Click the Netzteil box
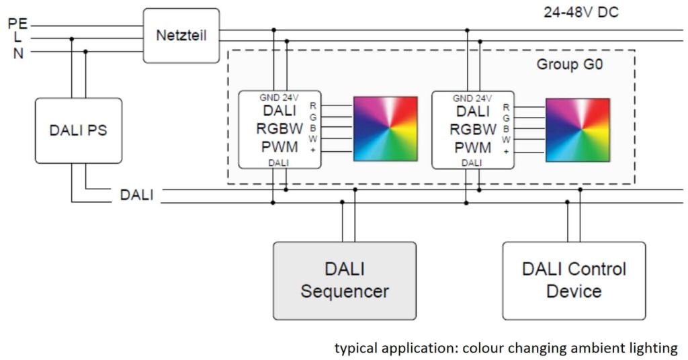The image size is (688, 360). tap(181, 36)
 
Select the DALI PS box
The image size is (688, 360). tap(79, 130)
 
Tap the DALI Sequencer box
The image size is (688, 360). tap(344, 280)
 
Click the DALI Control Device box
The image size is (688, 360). tap(574, 280)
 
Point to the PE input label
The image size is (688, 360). tap(17, 24)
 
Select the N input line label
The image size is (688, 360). tap(18, 53)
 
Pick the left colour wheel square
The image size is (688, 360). tap(385, 130)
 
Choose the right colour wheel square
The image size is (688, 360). tap(577, 130)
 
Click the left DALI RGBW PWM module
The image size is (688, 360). tap(279, 129)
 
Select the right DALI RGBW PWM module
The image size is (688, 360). tap(472, 129)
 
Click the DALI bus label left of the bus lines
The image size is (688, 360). tap(136, 195)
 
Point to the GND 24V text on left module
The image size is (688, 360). tap(279, 98)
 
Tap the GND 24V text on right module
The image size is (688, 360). tap(472, 98)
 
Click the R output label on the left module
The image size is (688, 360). tap(313, 105)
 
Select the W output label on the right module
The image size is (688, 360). tap(506, 139)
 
